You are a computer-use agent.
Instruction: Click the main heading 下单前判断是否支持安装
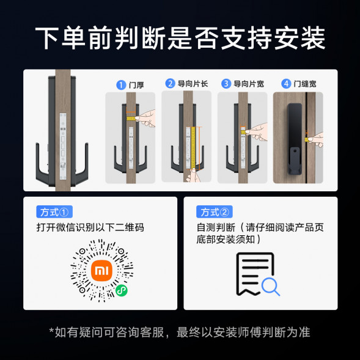pyautogui.click(x=180, y=38)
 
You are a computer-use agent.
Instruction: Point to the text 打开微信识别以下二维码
pyautogui.click(x=90, y=228)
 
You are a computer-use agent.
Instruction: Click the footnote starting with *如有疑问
pyautogui.click(x=180, y=332)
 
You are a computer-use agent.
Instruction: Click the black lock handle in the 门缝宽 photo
pyautogui.click(x=296, y=138)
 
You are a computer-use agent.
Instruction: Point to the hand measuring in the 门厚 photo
pyautogui.click(x=147, y=116)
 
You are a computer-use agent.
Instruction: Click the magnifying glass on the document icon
pyautogui.click(x=270, y=285)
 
